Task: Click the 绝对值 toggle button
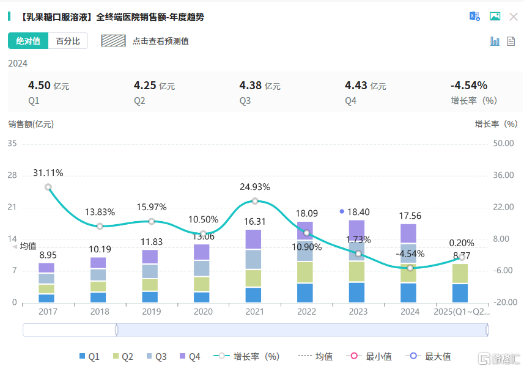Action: click(x=28, y=41)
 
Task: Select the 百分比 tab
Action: click(x=68, y=41)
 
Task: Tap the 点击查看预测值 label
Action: click(x=160, y=41)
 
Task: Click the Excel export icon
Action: click(x=474, y=16)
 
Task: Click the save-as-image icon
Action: click(x=495, y=16)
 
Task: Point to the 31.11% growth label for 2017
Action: click(x=48, y=174)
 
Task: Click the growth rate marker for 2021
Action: click(x=255, y=201)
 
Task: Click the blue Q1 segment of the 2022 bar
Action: click(x=306, y=293)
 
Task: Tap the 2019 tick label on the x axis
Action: click(x=151, y=312)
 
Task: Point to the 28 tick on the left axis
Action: click(x=12, y=175)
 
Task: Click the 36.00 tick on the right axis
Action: click(x=503, y=175)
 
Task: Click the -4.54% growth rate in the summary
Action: click(x=468, y=86)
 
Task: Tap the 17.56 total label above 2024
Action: click(x=410, y=216)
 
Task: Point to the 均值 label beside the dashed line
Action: click(x=28, y=246)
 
